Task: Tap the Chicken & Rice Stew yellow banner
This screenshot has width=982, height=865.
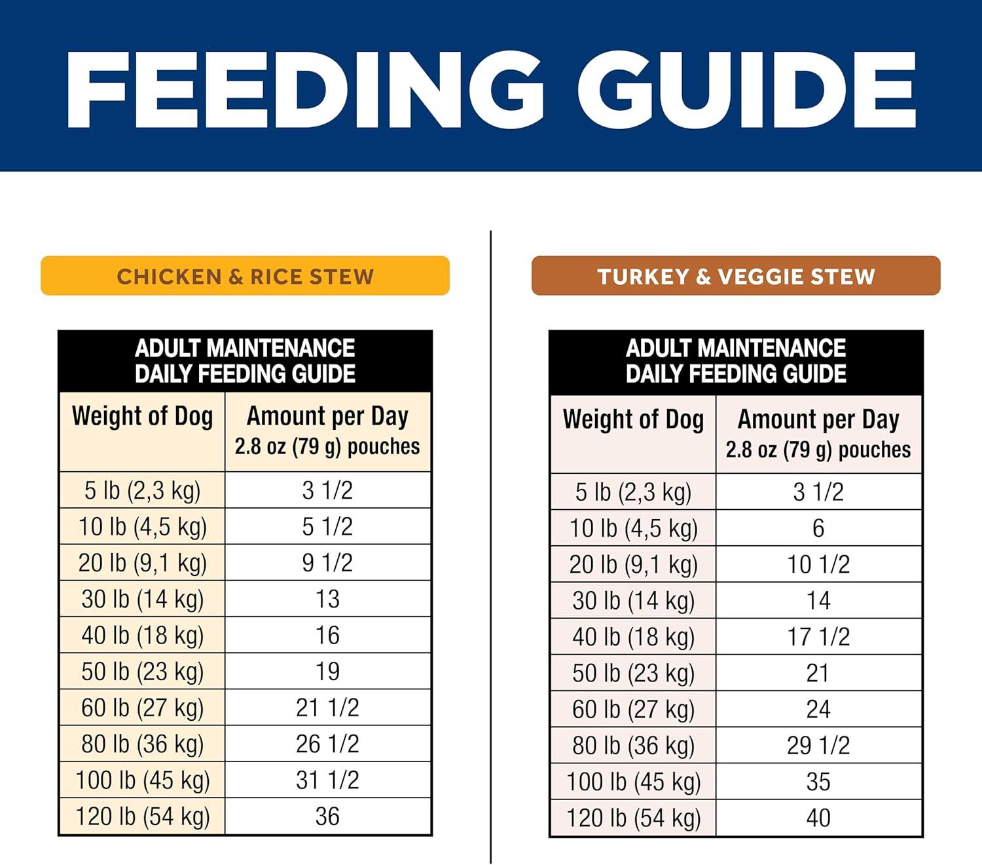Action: point(245,276)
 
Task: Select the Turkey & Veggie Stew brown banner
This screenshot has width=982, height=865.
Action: point(736,276)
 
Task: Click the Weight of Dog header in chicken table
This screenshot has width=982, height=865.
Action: point(142,417)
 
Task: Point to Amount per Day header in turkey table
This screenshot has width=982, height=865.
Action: point(818,420)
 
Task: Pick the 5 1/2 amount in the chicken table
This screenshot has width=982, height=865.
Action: point(327,527)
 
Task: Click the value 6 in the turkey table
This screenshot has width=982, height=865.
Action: point(818,529)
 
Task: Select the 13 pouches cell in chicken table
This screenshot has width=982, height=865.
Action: point(327,599)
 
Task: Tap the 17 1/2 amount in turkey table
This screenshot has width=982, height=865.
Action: point(818,637)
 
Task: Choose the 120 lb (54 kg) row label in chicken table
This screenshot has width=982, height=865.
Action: point(142,817)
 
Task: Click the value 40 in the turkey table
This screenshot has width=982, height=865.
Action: point(818,818)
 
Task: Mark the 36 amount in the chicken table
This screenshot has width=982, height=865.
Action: point(327,817)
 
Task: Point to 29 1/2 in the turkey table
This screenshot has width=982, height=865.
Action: point(818,746)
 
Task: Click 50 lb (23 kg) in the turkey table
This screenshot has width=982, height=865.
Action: point(633,673)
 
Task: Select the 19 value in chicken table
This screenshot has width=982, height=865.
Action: point(327,671)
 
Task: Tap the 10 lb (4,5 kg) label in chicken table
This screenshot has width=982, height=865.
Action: point(142,527)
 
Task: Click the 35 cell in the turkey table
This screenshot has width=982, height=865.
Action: point(818,782)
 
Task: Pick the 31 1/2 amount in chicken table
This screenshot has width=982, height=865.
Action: point(327,780)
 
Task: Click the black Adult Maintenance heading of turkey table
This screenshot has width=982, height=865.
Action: point(736,361)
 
